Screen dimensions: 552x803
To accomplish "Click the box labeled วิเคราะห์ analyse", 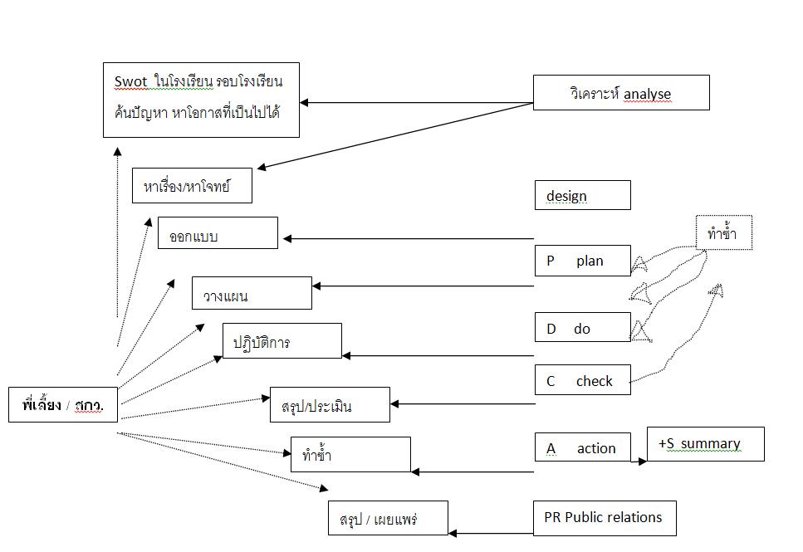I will [x=620, y=93].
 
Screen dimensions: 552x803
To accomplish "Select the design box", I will [x=582, y=196].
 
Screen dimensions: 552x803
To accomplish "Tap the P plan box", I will [x=582, y=261].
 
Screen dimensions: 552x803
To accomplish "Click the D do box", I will [x=582, y=329].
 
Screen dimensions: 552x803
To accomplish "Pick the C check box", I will [x=582, y=381].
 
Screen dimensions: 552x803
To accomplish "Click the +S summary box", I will [x=705, y=444].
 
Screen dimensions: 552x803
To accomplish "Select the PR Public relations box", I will [x=604, y=518].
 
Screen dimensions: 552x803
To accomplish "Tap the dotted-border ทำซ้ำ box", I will [x=723, y=233].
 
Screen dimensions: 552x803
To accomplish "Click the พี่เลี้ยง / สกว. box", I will [x=63, y=405].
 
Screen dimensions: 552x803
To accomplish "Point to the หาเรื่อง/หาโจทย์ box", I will [x=192, y=186].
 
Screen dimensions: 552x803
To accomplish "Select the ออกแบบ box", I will [x=218, y=233].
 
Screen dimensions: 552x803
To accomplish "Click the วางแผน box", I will [x=252, y=294].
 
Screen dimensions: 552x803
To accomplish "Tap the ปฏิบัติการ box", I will [x=282, y=341].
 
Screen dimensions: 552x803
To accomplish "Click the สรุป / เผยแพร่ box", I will [x=388, y=519].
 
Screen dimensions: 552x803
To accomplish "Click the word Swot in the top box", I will [x=130, y=81].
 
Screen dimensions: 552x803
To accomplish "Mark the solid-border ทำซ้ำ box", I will [x=350, y=455].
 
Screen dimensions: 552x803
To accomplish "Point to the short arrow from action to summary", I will [x=631, y=461].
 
